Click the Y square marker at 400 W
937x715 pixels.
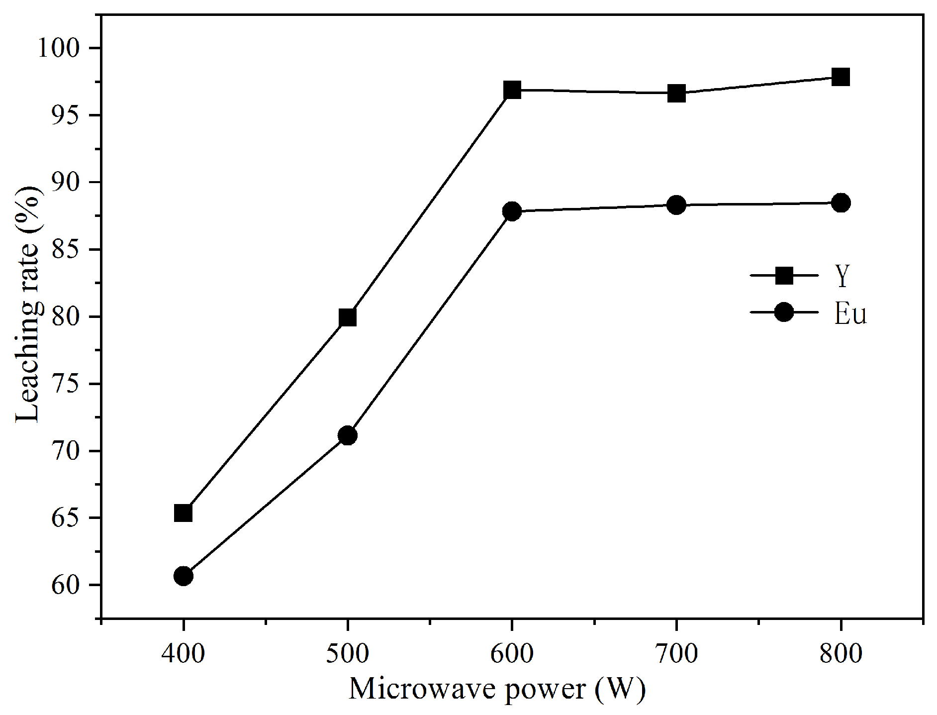[183, 513]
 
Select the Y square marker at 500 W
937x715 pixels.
[348, 317]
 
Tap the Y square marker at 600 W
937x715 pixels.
[512, 90]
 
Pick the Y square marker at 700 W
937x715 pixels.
[676, 93]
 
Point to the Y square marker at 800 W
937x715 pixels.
[841, 77]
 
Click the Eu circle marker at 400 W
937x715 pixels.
[183, 576]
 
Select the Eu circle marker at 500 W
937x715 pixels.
[348, 435]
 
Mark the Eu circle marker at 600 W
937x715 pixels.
[512, 211]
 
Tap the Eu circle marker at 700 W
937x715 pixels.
[676, 204]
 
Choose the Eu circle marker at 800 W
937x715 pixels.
[841, 203]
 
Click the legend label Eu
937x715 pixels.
[850, 314]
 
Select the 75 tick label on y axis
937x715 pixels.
[69, 385]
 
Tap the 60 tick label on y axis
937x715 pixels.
[69, 586]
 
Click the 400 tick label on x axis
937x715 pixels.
[183, 653]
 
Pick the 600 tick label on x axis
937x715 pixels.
[512, 653]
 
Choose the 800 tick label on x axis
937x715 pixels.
[841, 653]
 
